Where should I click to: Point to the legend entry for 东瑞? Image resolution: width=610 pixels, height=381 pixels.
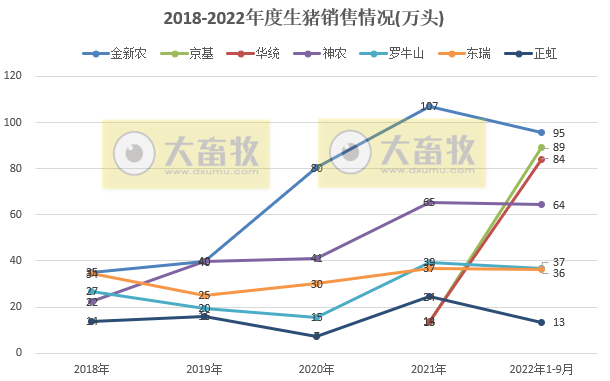click(476, 53)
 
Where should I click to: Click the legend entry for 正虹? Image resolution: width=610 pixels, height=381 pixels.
click(546, 53)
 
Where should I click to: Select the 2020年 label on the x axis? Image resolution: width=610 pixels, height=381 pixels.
click(316, 369)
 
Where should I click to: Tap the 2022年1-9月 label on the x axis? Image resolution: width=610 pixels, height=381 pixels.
click(541, 369)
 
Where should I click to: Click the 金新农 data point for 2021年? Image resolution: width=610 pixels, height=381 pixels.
click(429, 106)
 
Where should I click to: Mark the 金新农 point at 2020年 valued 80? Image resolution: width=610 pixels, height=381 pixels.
click(316, 168)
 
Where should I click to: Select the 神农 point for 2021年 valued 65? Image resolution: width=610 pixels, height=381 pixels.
click(429, 203)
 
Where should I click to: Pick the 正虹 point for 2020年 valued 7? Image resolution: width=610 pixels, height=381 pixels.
click(316, 337)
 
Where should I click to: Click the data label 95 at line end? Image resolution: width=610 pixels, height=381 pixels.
click(559, 133)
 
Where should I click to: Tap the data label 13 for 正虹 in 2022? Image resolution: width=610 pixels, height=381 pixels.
click(559, 322)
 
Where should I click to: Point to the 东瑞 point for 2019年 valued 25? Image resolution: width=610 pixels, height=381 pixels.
click(204, 295)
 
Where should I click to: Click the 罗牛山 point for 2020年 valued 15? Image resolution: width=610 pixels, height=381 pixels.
click(316, 318)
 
